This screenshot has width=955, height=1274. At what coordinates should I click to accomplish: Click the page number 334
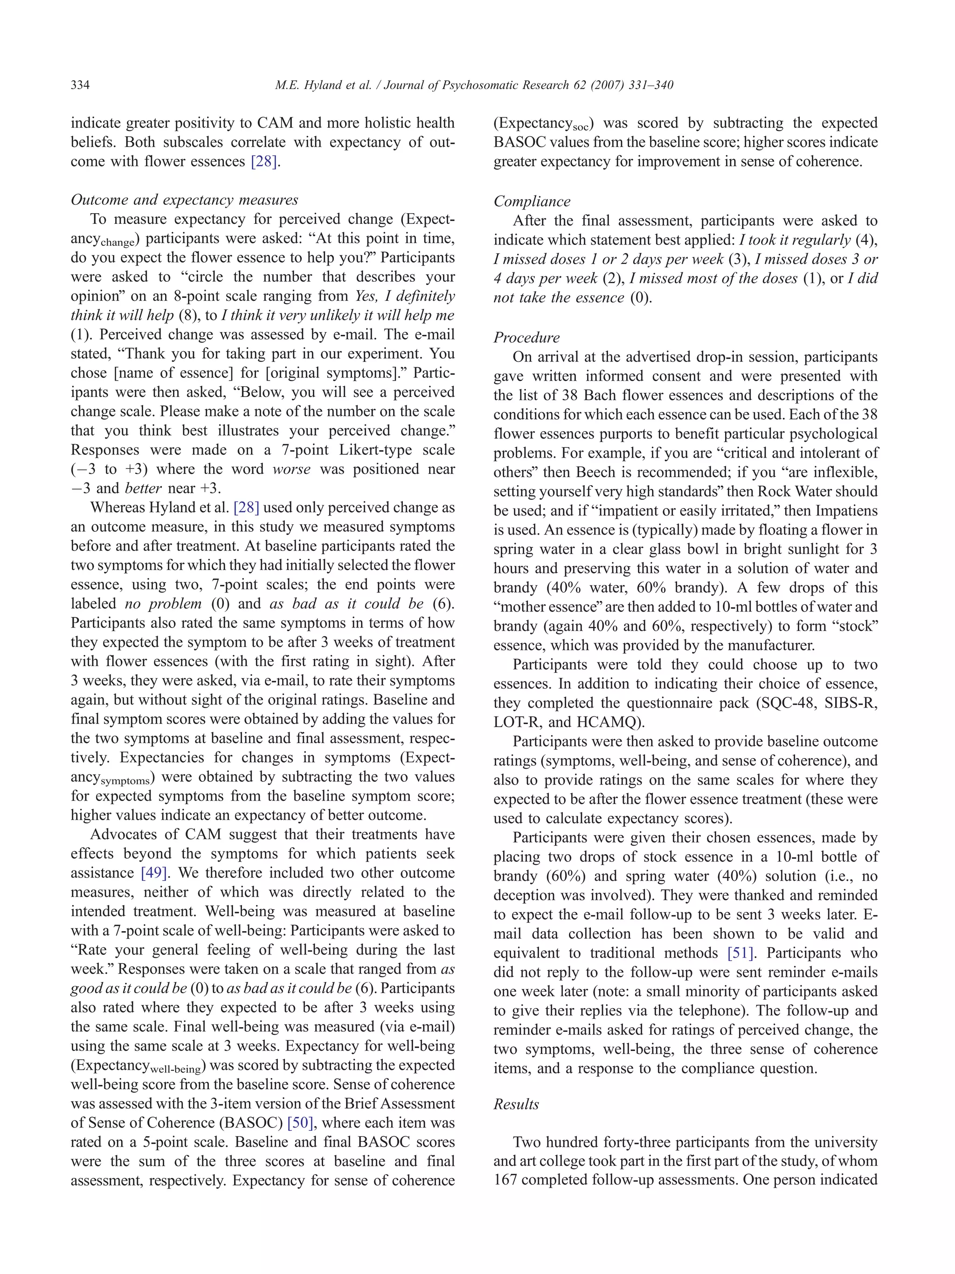click(x=80, y=85)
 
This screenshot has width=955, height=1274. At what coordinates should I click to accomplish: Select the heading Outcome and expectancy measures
click(x=184, y=200)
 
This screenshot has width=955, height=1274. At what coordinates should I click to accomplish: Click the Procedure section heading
click(x=526, y=337)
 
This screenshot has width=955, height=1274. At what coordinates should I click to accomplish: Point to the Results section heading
click(x=516, y=1104)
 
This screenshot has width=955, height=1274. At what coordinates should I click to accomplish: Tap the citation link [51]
click(x=740, y=953)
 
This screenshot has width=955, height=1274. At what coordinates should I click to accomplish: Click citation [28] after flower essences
click(x=263, y=162)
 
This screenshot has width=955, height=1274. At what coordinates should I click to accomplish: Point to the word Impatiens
click(x=847, y=510)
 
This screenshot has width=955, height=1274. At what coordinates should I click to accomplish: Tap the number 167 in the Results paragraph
click(x=505, y=1180)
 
